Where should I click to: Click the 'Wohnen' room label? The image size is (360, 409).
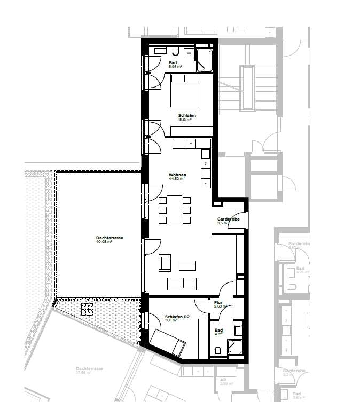(x=177, y=174)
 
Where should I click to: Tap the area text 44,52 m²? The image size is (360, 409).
(x=177, y=179)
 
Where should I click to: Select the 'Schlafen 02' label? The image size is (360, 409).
(x=177, y=316)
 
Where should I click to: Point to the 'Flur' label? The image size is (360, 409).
(x=218, y=302)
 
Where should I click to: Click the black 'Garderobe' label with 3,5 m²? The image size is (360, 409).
(x=228, y=219)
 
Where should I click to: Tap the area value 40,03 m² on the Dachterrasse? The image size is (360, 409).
(x=104, y=242)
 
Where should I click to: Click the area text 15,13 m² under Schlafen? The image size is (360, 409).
(x=185, y=120)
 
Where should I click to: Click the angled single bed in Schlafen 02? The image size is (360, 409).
(x=168, y=341)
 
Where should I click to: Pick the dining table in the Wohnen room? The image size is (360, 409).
(x=175, y=210)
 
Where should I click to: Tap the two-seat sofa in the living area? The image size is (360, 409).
(x=183, y=284)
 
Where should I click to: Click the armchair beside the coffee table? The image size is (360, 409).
(x=165, y=263)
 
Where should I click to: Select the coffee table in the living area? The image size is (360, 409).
(x=187, y=265)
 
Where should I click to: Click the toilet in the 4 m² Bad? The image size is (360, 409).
(x=218, y=351)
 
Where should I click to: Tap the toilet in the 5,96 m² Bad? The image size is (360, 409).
(x=176, y=51)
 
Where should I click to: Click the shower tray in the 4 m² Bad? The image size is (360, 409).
(x=235, y=348)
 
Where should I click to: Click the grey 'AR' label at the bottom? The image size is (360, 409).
(x=223, y=380)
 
